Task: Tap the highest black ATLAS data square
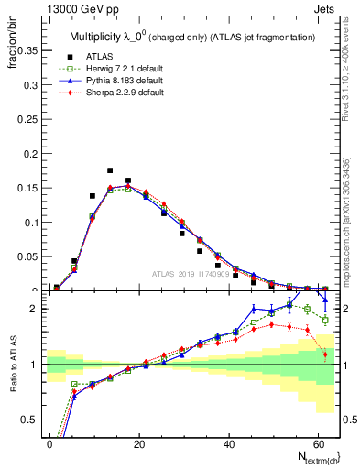[x=110, y=170]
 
